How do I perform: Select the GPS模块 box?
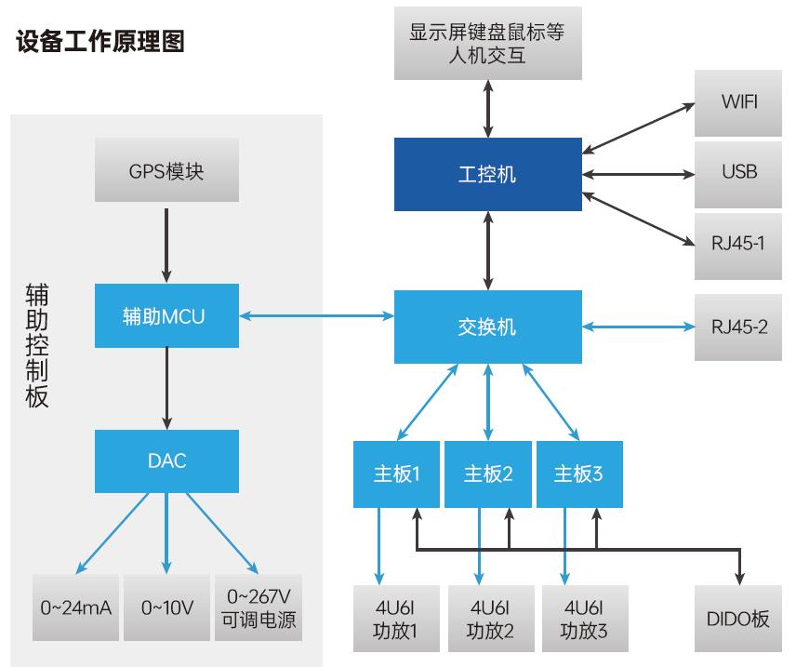tap(166, 172)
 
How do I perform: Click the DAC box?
tap(166, 460)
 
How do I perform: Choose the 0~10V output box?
tap(166, 607)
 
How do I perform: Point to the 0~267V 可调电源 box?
tap(259, 607)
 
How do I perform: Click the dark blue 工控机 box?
tap(487, 172)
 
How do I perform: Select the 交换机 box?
tap(487, 327)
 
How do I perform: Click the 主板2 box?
tap(489, 474)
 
